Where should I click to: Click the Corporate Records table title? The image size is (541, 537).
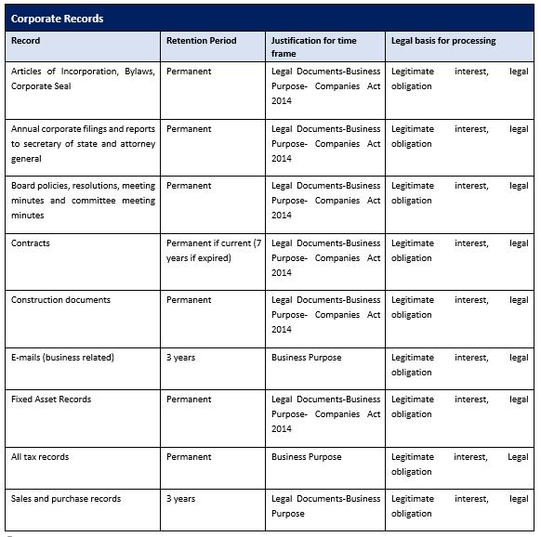pos(57,19)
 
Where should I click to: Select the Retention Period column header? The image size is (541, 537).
pos(201,41)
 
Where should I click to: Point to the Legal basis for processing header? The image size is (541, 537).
pos(443,41)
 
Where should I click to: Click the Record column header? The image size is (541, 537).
pos(26,41)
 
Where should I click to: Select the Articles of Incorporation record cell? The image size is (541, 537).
pos(83,78)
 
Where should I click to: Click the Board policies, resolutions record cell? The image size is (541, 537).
pos(83,201)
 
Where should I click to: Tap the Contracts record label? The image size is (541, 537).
pos(31,243)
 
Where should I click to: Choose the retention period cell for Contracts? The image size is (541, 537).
pos(214,251)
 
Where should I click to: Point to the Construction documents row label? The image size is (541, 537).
pos(60,300)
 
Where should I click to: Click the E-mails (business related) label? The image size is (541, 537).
pos(62,358)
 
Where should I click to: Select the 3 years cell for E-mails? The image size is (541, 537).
pos(180,358)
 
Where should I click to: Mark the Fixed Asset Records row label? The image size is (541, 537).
pos(52,399)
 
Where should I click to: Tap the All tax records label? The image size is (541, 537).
pos(40,457)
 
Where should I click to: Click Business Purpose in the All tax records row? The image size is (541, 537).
pos(306,457)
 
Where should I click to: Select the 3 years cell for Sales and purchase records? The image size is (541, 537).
pos(180,499)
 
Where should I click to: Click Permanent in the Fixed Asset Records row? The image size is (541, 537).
pos(189,399)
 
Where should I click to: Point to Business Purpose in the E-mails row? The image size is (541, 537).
pos(306,358)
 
